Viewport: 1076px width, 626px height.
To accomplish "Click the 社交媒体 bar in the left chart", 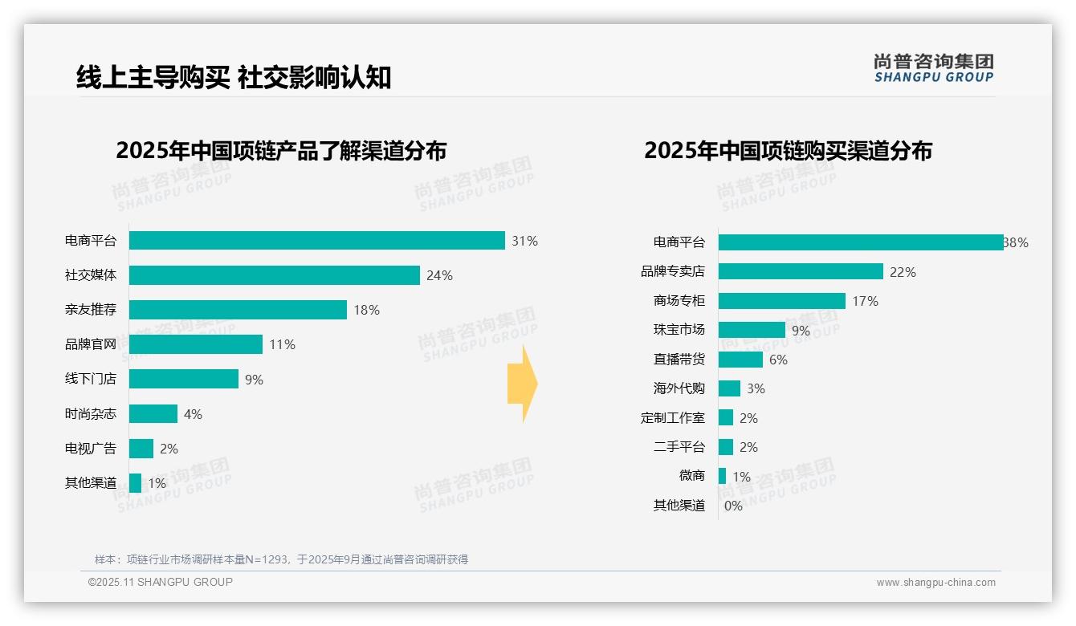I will pyautogui.click(x=274, y=275).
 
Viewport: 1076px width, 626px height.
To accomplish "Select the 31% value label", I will pyautogui.click(x=524, y=241).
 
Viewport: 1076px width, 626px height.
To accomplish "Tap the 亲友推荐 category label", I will pyautogui.click(x=91, y=310).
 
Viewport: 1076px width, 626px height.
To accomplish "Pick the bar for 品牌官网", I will pyautogui.click(x=196, y=344).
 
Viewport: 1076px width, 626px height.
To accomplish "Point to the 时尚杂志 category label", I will pyautogui.click(x=91, y=414).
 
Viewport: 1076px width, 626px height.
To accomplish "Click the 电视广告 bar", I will pyautogui.click(x=141, y=449).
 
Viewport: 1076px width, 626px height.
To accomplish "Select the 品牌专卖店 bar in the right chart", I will pyautogui.click(x=801, y=272).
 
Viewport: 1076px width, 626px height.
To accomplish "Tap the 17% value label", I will pyautogui.click(x=865, y=301).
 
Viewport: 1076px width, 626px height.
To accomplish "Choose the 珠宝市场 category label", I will pyautogui.click(x=679, y=330).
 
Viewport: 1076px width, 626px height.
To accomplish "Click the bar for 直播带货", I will pyautogui.click(x=740, y=360).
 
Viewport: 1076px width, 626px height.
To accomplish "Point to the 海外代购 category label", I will pyautogui.click(x=679, y=388).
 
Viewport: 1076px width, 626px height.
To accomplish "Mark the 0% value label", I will pyautogui.click(x=733, y=506).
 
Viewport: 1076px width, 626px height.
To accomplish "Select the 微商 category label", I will pyautogui.click(x=691, y=476).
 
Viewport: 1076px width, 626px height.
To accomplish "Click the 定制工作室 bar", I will pyautogui.click(x=726, y=417).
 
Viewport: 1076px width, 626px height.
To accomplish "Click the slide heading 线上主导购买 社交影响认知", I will pyautogui.click(x=234, y=77).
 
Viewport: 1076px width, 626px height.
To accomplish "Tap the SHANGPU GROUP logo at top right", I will pyautogui.click(x=933, y=68).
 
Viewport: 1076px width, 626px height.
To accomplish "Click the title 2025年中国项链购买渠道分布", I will pyautogui.click(x=788, y=151).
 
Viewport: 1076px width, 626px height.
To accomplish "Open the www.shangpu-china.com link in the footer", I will pyautogui.click(x=935, y=583).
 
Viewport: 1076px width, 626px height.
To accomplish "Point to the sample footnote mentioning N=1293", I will pyautogui.click(x=281, y=559).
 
